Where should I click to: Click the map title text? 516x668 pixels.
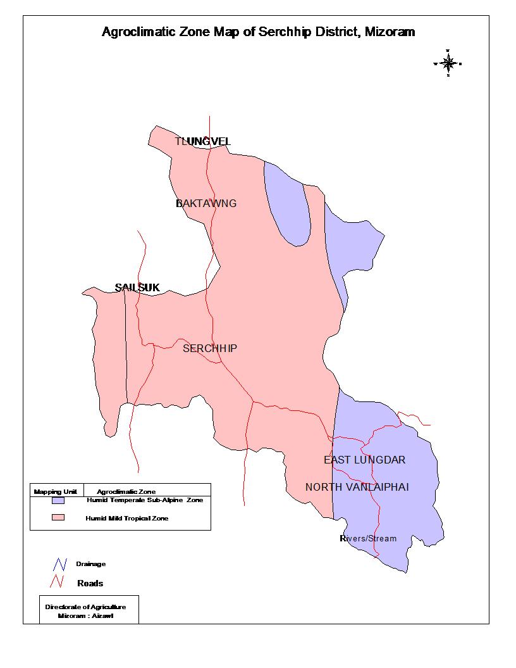click(x=258, y=32)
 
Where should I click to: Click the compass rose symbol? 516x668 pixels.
click(x=448, y=63)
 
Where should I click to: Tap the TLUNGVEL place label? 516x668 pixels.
click(x=202, y=141)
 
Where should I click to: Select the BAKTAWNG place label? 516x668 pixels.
click(x=206, y=203)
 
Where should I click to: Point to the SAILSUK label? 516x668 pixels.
click(x=137, y=288)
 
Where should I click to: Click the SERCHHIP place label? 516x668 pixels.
click(x=210, y=348)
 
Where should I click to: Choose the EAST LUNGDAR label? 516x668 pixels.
click(x=364, y=460)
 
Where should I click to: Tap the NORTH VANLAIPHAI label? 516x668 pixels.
click(x=357, y=487)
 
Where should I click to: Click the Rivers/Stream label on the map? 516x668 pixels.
click(x=368, y=538)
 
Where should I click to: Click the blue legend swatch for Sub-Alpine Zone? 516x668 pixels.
click(x=59, y=500)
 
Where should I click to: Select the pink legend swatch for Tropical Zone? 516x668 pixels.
click(x=59, y=518)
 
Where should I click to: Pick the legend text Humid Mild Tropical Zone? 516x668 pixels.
click(x=126, y=518)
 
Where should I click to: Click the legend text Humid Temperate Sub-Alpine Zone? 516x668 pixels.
click(x=144, y=500)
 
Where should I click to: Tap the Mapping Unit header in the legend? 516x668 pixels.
click(x=56, y=491)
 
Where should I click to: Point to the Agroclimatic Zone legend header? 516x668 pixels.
click(x=126, y=491)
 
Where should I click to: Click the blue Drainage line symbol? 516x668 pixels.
click(x=61, y=564)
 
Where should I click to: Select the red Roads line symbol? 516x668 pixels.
click(x=61, y=581)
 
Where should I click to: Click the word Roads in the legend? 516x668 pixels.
click(x=90, y=583)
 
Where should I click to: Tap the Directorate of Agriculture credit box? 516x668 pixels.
click(x=89, y=610)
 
